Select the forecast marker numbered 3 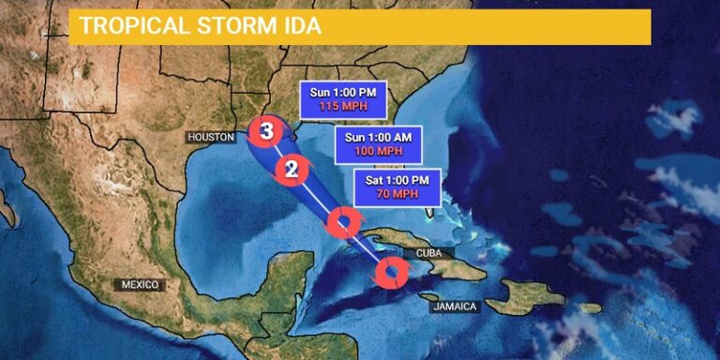tap(266, 131)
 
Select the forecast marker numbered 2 tap(292, 170)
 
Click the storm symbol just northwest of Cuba tap(343, 222)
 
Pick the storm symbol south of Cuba tap(391, 274)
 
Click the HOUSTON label tap(210, 137)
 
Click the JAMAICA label tap(456, 307)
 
